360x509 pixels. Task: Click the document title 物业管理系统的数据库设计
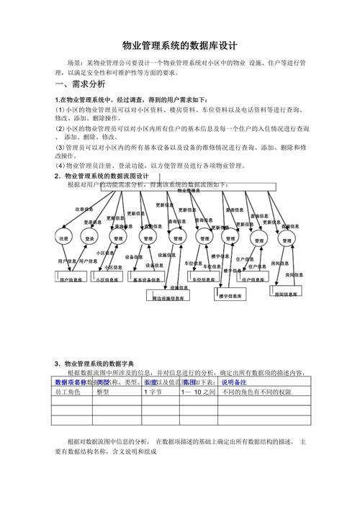coord(179,44)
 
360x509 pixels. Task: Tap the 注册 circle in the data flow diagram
coord(63,238)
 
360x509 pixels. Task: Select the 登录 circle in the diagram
coord(89,238)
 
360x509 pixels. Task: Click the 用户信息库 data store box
coord(71,279)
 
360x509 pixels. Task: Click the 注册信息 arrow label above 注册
coord(85,210)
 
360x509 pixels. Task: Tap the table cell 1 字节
coord(154,392)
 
